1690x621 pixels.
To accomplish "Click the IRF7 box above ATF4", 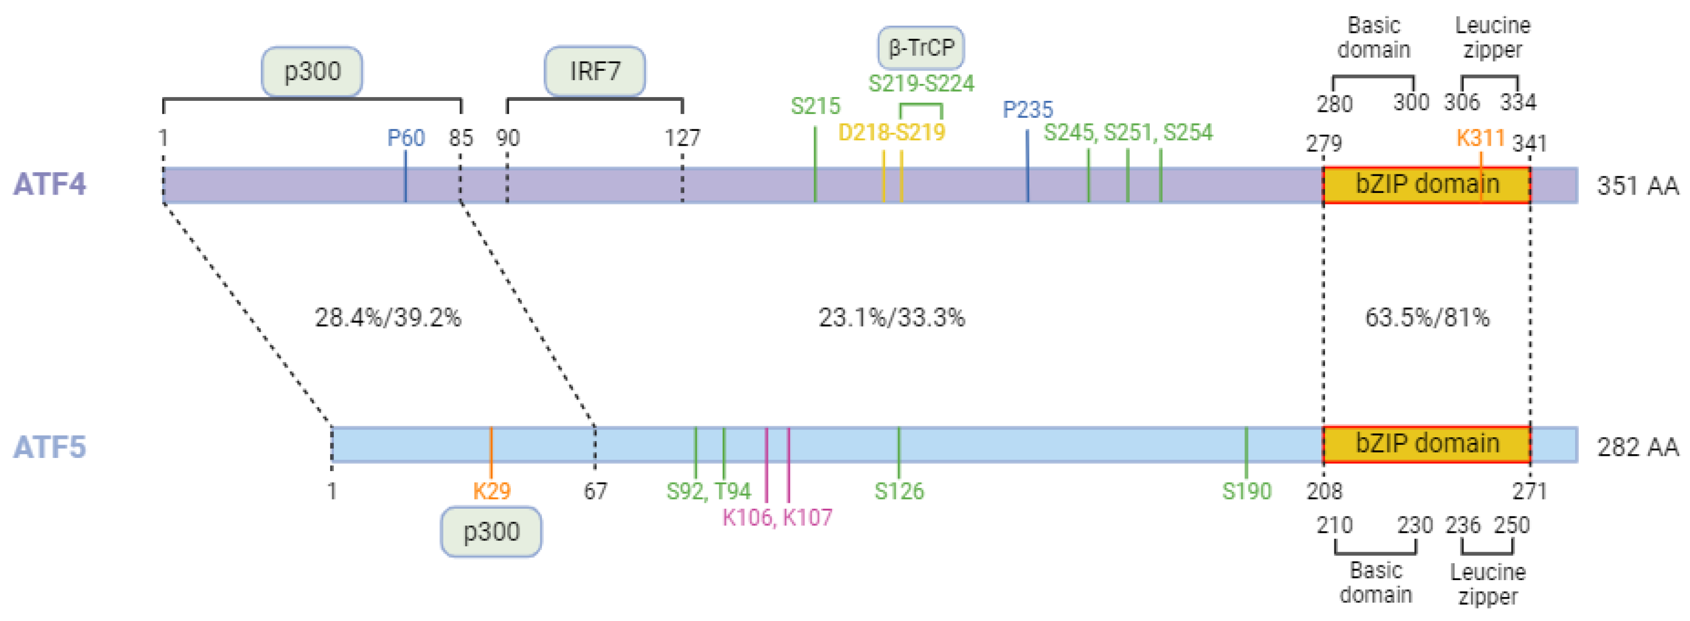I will [594, 71].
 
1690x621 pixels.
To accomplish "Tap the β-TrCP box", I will [920, 48].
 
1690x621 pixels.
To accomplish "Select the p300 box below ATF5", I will [491, 531].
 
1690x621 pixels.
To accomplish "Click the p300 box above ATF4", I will [312, 71].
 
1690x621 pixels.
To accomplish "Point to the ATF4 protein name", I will [50, 184].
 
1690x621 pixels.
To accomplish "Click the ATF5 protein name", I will [50, 447].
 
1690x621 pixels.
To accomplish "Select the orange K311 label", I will [1480, 138].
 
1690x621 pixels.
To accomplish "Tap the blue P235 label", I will [1027, 110].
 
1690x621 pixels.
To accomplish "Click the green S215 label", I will [815, 106].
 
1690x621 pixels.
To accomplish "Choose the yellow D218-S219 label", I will [892, 132].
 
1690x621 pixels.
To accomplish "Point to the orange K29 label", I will [491, 490].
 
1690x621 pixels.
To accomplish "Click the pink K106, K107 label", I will [777, 517].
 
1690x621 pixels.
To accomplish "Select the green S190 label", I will [1247, 490].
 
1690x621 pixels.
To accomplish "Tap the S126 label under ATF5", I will [899, 490].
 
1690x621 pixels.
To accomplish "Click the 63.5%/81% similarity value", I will [1427, 318].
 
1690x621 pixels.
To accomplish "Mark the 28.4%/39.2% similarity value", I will [388, 318].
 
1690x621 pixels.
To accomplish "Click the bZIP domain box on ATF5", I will [1427, 444].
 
